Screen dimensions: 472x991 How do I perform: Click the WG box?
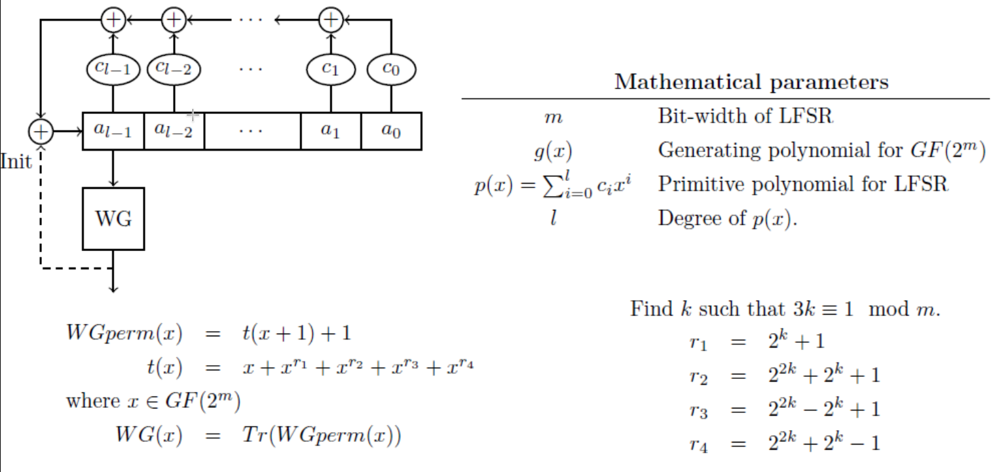[113, 218]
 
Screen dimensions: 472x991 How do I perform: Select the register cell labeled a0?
[391, 131]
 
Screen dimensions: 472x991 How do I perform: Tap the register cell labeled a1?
[331, 131]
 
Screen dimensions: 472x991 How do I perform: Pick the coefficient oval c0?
[391, 69]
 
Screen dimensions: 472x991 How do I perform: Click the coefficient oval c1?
[331, 69]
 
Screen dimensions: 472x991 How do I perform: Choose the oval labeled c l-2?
[174, 69]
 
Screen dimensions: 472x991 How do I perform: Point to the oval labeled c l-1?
[113, 69]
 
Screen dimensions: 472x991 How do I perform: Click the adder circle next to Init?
[41, 132]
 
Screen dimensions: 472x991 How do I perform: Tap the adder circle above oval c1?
[331, 20]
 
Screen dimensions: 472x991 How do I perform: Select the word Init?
[16, 162]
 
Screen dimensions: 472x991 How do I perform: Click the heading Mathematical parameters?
[751, 82]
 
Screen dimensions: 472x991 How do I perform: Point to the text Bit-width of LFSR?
[745, 117]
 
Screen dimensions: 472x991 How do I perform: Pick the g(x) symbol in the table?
[553, 151]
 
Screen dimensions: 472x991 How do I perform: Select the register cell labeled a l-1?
[113, 131]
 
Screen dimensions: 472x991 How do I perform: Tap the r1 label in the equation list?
[699, 342]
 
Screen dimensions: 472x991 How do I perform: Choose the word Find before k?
[651, 308]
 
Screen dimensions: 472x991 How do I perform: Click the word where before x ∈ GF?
[86, 401]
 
